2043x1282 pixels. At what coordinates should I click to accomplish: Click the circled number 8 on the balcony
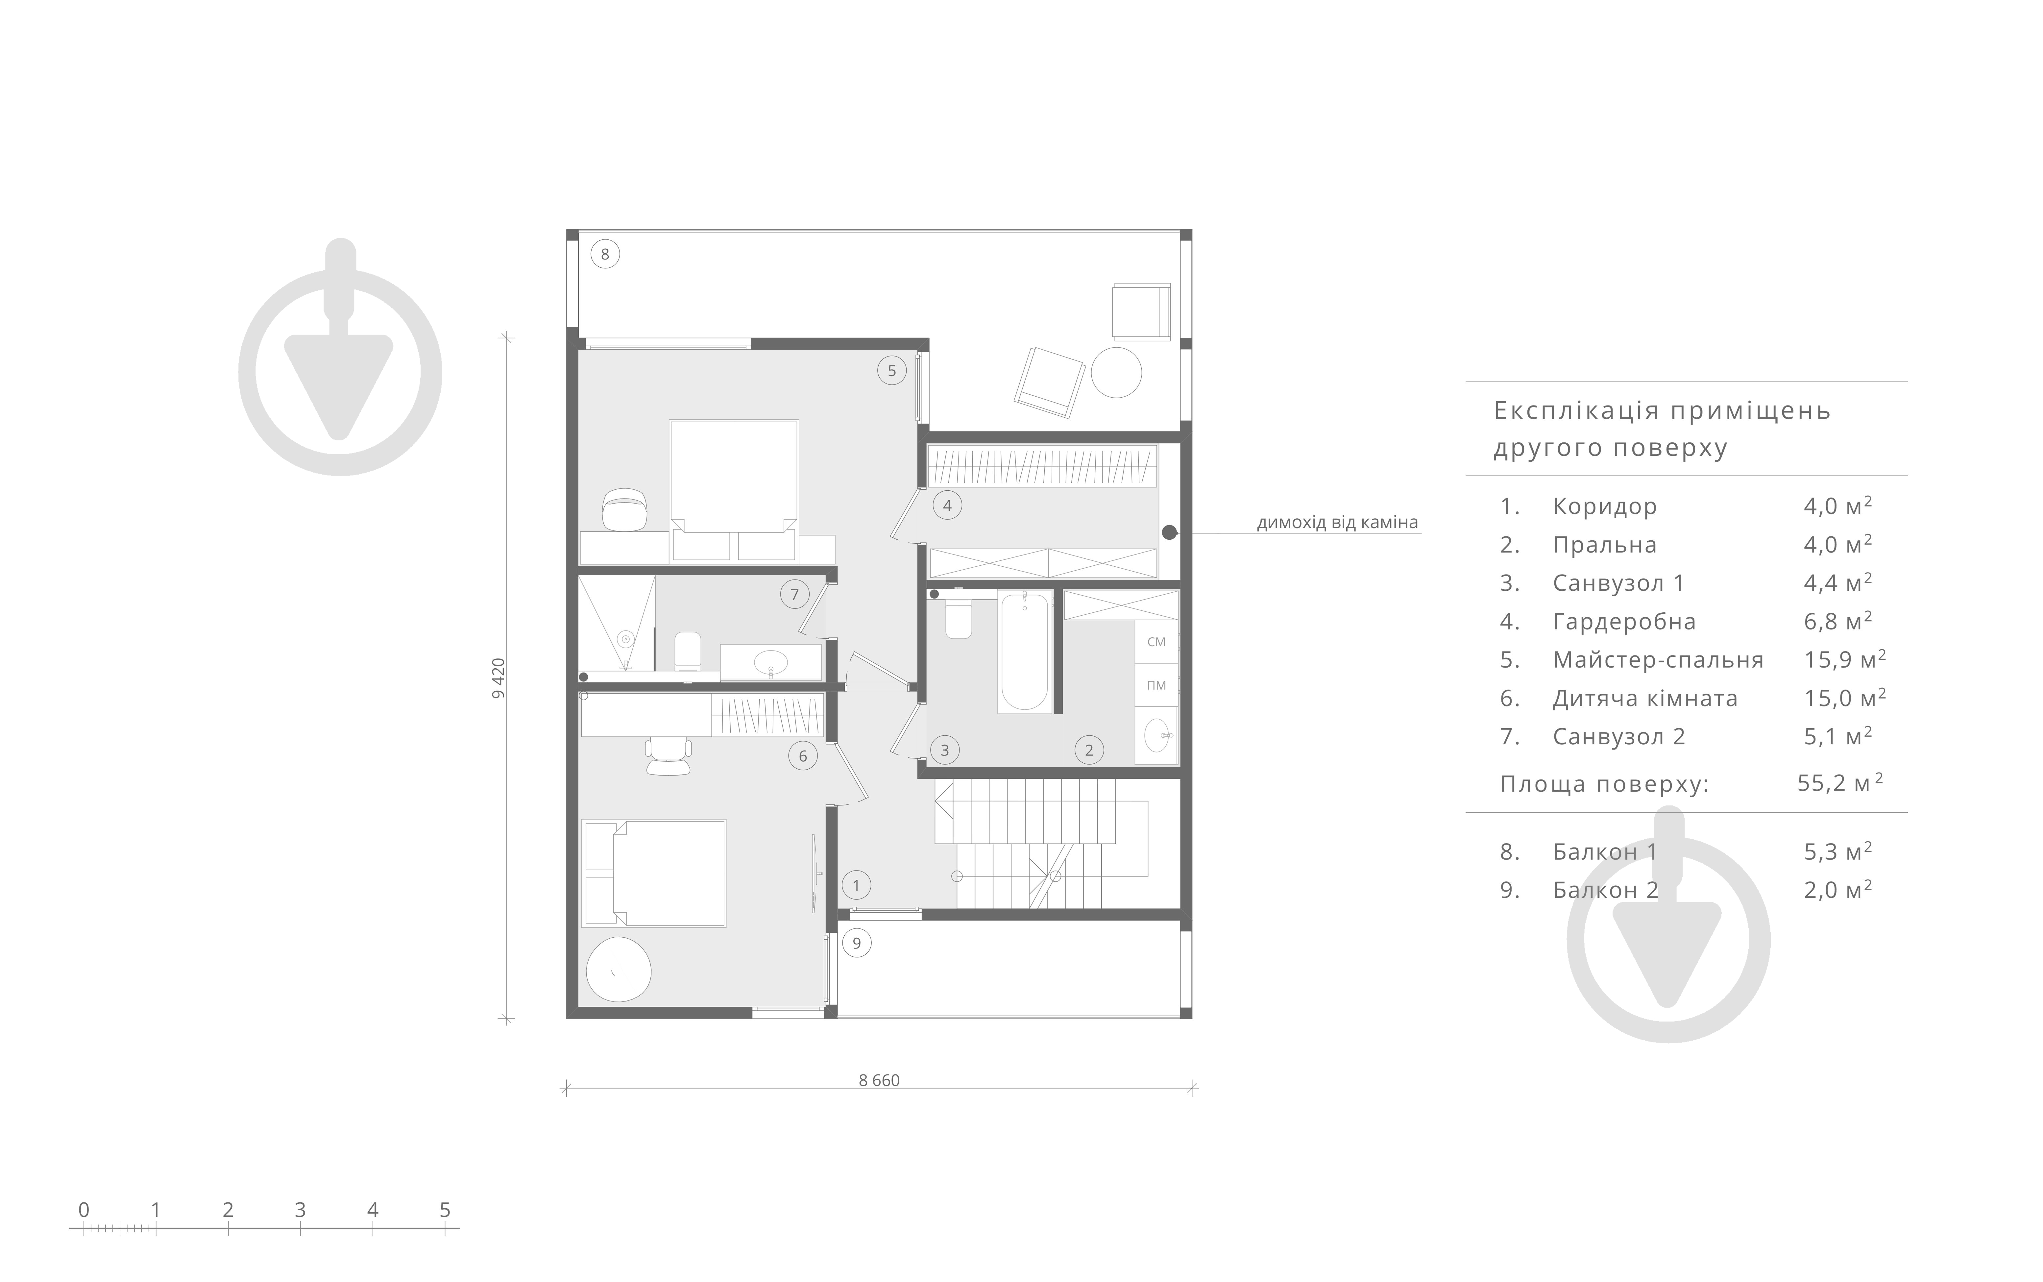pos(604,254)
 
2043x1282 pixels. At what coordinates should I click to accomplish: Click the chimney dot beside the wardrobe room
pos(1169,532)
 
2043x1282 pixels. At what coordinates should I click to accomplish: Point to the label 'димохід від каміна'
pos(1337,522)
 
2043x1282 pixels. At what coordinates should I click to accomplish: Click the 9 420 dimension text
pos(499,678)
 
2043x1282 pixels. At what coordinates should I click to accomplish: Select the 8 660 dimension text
pos(879,1080)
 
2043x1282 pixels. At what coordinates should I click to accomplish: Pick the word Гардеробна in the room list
pos(1624,622)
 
